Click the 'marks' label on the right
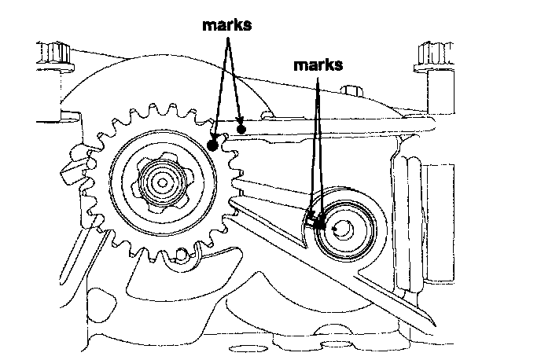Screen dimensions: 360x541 (318, 65)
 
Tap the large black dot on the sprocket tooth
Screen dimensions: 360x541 (212, 144)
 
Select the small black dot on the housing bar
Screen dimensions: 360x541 (242, 128)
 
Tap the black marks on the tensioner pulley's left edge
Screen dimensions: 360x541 (316, 222)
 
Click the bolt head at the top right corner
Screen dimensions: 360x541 (431, 57)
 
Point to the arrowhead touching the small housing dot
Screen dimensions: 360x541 (240, 122)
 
